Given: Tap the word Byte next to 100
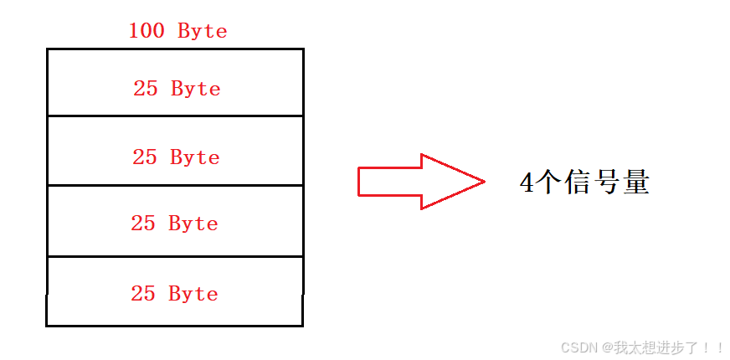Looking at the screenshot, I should pos(203,32).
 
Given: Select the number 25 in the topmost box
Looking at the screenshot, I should pos(146,89).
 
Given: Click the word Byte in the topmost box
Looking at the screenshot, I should pos(196,89).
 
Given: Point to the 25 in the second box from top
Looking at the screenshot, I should pos(145,157).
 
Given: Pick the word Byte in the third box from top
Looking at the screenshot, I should pos(193,224).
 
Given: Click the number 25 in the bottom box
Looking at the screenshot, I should pos(143,294).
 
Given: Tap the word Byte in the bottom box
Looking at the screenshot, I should pos(193,294).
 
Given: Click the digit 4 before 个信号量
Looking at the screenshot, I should pos(527,183).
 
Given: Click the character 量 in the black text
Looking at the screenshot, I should pos(635,183).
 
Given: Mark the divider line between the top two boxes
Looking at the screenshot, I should pos(175,116).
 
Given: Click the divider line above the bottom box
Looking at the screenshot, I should pos(175,257).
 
